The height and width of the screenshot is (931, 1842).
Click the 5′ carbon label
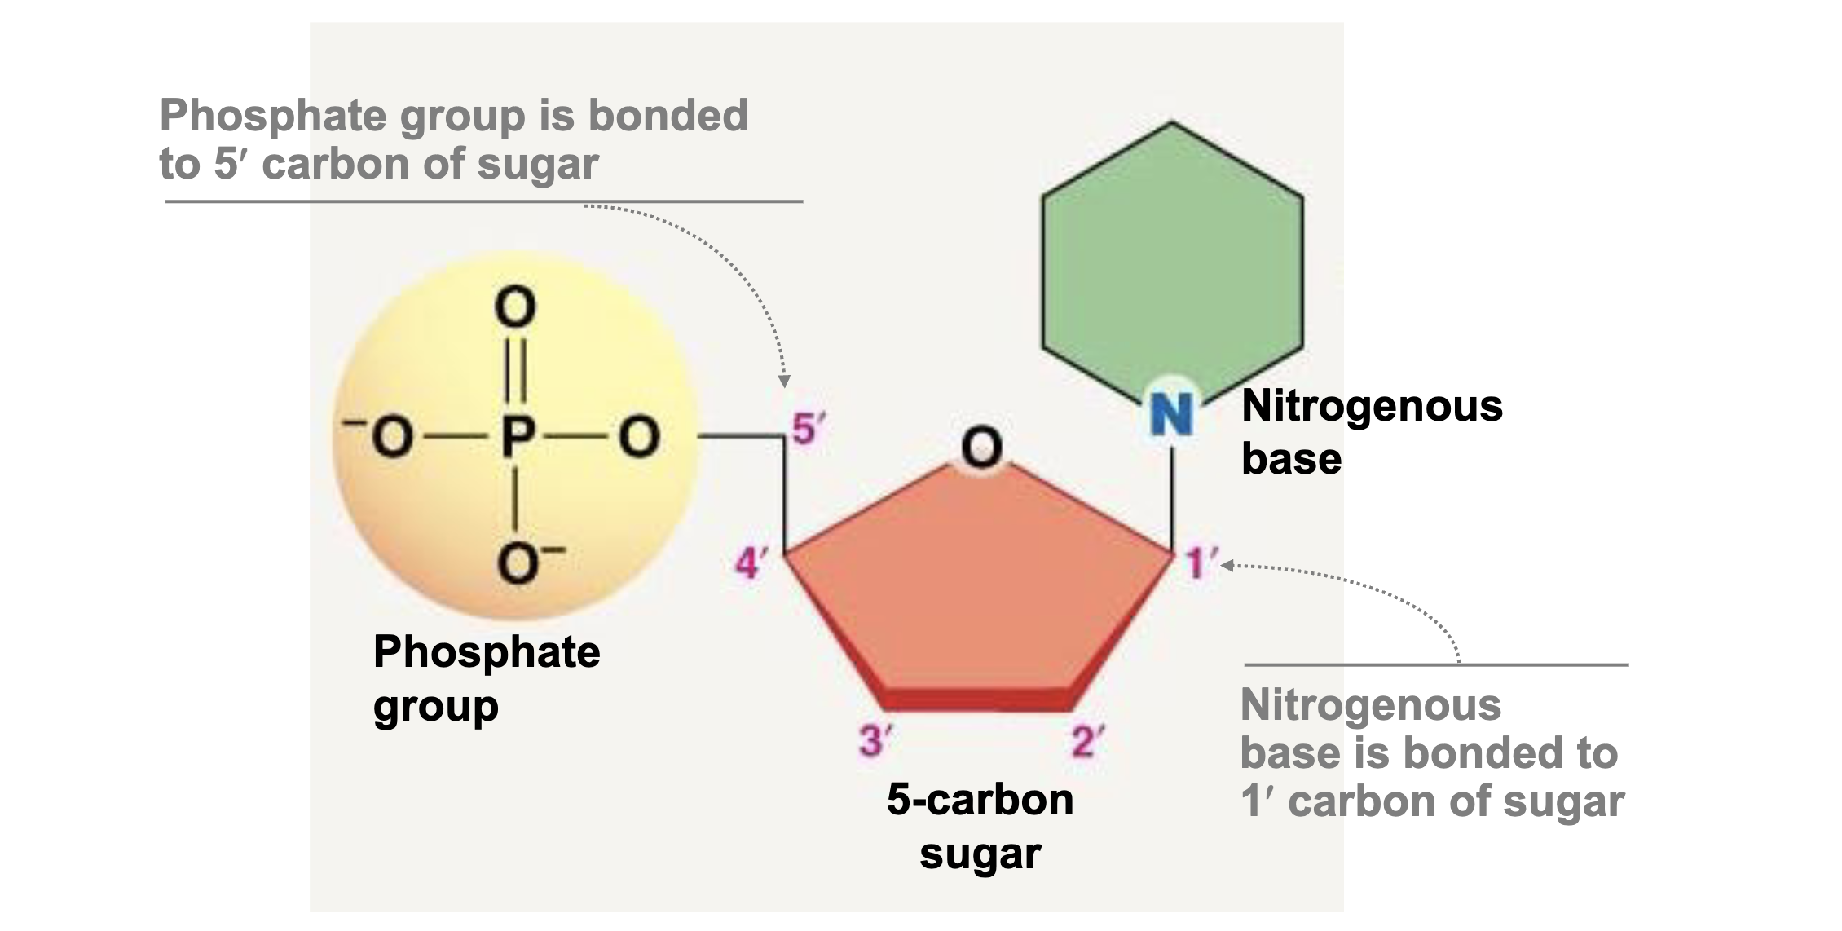(807, 429)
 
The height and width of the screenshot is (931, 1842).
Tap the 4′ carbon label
(751, 563)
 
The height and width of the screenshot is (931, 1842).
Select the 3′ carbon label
(875, 741)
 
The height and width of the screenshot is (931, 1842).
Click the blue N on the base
(1171, 414)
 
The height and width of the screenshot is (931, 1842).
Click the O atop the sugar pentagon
(981, 448)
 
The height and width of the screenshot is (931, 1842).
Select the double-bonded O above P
(516, 307)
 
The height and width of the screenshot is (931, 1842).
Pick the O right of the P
(639, 438)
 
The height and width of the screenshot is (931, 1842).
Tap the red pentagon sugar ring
(978, 587)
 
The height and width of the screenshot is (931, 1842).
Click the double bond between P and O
(517, 371)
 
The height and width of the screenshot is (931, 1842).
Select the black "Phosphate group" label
(486, 677)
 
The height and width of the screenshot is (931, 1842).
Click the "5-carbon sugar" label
(980, 825)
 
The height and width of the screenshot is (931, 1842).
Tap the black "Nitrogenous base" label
(1371, 431)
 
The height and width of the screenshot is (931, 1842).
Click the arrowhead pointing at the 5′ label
(784, 381)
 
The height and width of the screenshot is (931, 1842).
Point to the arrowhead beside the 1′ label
(1227, 565)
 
